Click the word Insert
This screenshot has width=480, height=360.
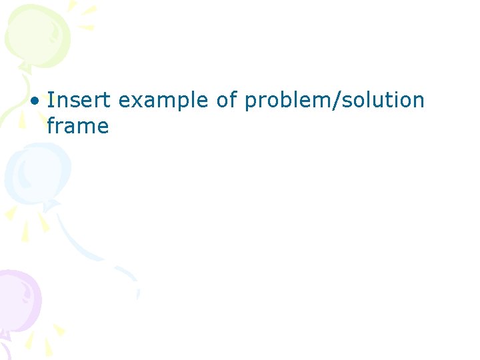coord(80,100)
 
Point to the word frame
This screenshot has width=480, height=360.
coord(77,125)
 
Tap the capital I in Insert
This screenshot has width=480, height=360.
coord(50,100)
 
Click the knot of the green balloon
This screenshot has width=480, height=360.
coord(25,67)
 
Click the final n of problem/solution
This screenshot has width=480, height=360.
coord(417,101)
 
